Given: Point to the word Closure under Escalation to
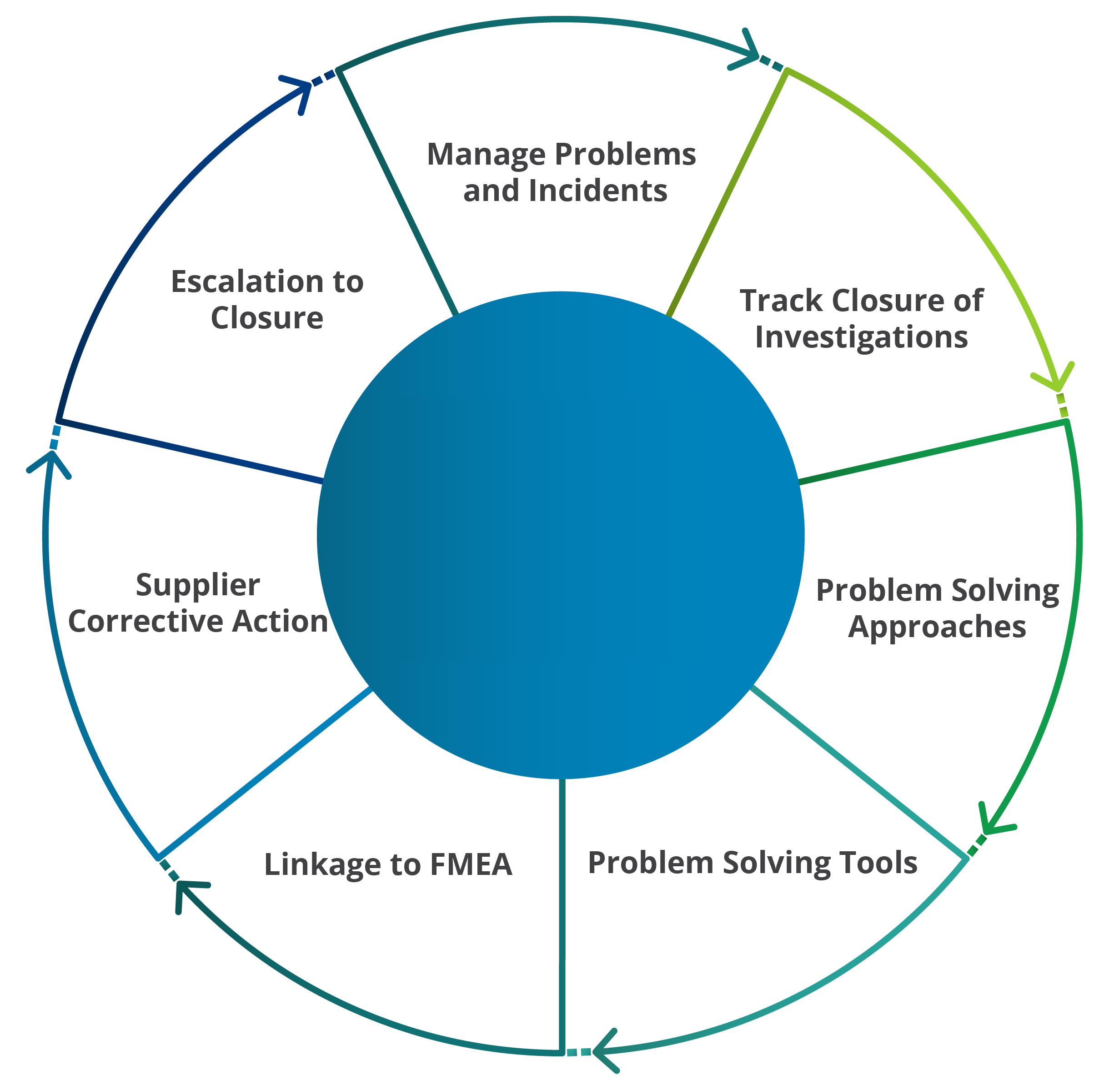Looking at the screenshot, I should [267, 318].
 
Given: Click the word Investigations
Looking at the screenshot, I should [861, 337].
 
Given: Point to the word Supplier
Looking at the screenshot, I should [197, 585].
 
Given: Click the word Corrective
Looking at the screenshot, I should [146, 621].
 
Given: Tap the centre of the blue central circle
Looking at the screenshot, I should [561, 535].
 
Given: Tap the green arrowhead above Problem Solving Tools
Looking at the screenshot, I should [990, 825].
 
